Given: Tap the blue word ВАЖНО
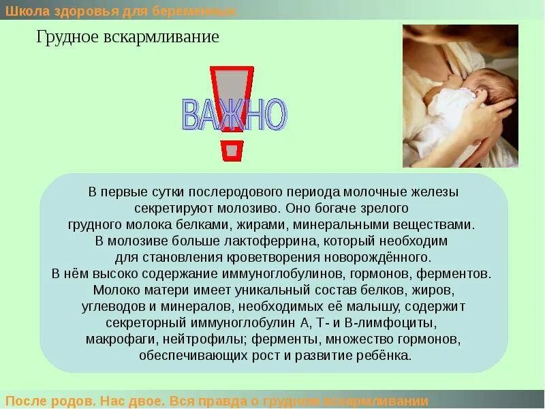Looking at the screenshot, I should click(x=234, y=115).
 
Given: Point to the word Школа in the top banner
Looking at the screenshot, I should click(x=25, y=11).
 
